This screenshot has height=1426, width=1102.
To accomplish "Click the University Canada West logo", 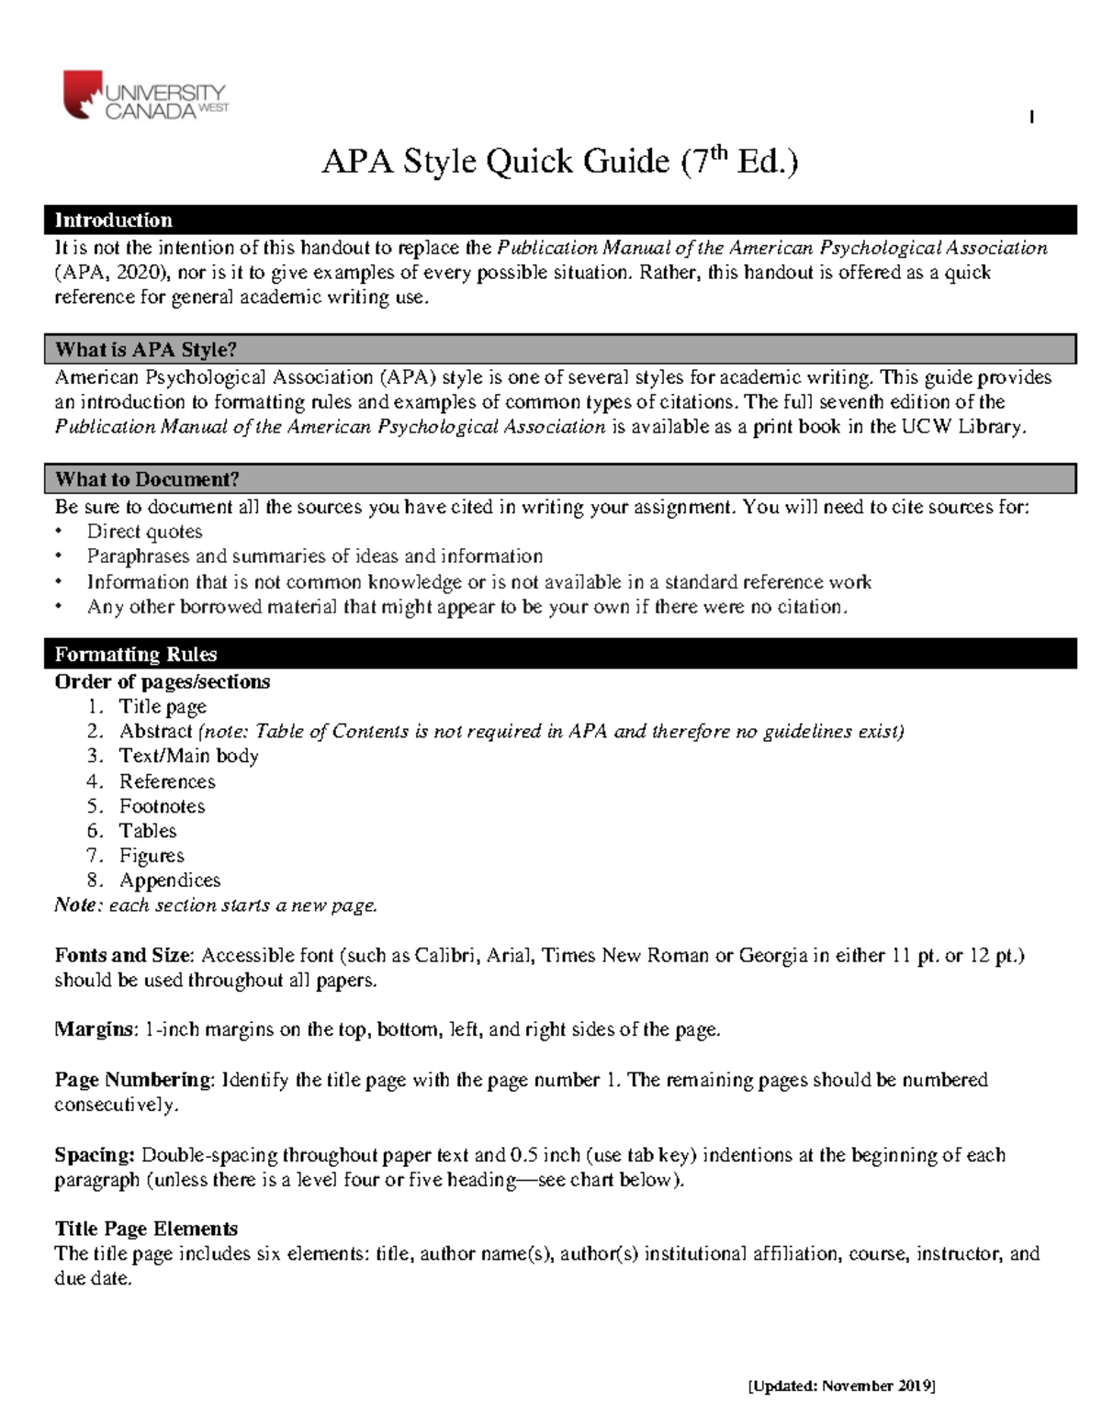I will pos(144,96).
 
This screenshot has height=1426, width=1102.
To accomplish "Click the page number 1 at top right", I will pos(1033,117).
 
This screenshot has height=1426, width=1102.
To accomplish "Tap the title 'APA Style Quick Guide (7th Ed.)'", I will pos(559,162).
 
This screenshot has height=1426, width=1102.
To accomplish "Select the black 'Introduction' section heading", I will pos(113,220).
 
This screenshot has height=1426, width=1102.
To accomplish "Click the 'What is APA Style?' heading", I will pos(145,350).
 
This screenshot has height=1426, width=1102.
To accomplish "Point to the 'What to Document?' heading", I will pos(147,479).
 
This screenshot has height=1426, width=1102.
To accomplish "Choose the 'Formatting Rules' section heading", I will pos(135,655).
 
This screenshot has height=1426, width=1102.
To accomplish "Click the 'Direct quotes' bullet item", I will pos(144,532).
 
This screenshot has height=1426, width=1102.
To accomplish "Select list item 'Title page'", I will pos(163,707).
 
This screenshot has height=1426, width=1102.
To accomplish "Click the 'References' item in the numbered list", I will pos(167,781).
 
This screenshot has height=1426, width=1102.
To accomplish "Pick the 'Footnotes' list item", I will pos(162,806).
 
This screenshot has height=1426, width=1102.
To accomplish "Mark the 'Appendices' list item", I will pos(170,881).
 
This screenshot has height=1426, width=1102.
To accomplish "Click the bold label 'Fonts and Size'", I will pos(124,956).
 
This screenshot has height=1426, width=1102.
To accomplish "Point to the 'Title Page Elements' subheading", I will pos(146,1230).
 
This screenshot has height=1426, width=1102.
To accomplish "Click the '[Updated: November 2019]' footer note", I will pos(841,1386).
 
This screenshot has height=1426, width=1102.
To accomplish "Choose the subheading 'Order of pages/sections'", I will pos(162,682).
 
